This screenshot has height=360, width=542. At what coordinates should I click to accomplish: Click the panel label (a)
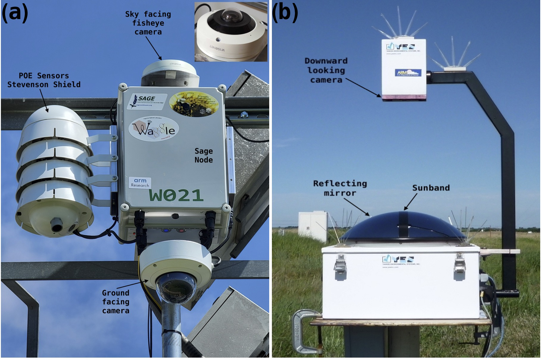point(15,13)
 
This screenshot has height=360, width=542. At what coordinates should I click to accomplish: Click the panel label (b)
point(285,13)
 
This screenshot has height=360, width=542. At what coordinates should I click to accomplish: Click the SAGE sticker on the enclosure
point(147,101)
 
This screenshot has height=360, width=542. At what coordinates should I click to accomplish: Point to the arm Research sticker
point(140,183)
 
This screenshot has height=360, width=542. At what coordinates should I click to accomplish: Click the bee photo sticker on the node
point(194,104)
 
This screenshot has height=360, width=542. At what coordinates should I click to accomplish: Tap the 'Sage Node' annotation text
point(204,155)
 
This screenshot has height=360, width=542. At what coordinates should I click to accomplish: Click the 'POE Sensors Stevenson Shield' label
point(44,80)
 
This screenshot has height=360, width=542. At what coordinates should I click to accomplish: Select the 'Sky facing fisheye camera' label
point(148,23)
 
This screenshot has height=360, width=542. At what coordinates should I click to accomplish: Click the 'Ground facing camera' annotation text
point(116,302)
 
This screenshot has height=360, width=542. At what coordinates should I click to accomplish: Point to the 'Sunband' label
point(431,188)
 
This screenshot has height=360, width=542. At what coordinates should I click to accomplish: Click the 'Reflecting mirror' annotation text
point(340,188)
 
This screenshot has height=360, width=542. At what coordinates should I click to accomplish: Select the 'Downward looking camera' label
point(326,70)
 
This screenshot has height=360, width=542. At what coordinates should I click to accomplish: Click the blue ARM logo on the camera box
point(408,73)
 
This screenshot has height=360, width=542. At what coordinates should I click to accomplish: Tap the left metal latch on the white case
point(340,264)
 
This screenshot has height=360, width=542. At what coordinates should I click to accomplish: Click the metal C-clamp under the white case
point(304,331)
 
